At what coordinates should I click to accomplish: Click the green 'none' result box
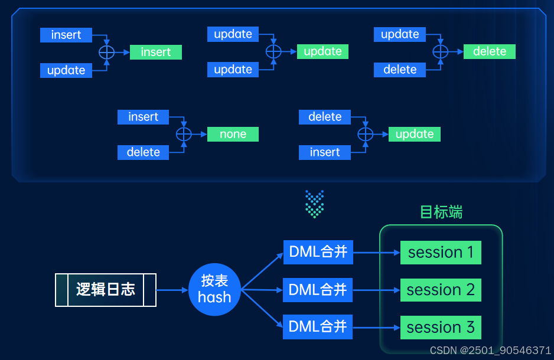[233, 134]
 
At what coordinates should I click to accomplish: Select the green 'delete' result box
[490, 51]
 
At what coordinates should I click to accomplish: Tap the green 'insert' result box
[156, 52]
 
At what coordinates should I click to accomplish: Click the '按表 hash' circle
[214, 289]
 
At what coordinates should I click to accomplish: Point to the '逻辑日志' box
[106, 289]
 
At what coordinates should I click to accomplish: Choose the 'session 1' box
[441, 253]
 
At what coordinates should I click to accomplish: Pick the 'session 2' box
[441, 290]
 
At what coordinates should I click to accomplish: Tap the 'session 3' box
[441, 327]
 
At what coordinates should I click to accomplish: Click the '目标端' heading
[441, 212]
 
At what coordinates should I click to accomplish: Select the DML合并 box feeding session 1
[318, 253]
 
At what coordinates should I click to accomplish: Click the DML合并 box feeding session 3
[318, 326]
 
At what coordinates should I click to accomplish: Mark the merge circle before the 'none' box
[184, 134]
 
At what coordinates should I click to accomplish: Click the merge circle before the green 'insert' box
[106, 52]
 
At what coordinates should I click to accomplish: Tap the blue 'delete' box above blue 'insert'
[325, 117]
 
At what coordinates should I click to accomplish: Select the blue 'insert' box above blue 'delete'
[143, 117]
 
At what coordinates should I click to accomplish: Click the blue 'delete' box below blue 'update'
[400, 70]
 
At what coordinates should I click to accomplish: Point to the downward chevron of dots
[314, 204]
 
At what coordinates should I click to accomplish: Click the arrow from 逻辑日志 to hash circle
[172, 290]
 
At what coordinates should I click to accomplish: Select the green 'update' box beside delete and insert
[415, 134]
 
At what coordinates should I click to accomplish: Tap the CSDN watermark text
[490, 351]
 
